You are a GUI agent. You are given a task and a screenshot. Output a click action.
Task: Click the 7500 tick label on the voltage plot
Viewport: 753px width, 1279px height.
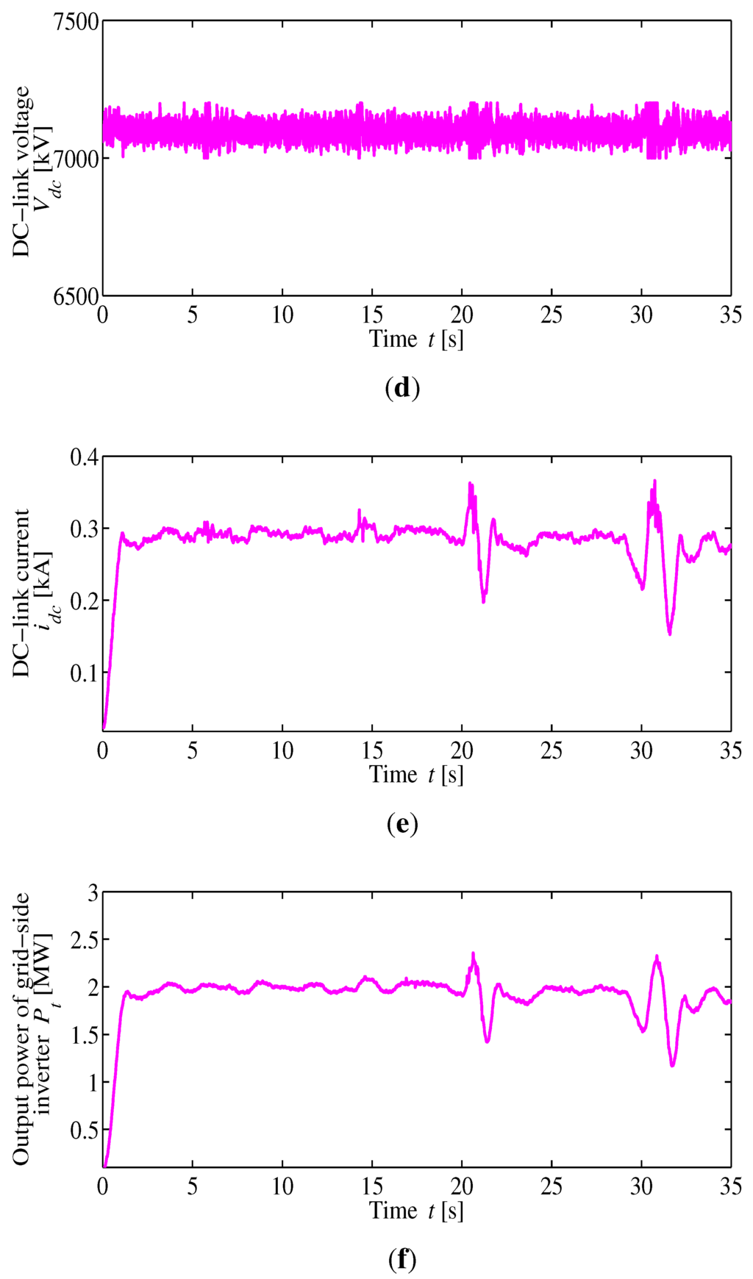(x=76, y=22)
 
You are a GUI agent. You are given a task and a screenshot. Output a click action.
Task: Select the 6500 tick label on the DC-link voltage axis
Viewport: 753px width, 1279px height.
(x=76, y=295)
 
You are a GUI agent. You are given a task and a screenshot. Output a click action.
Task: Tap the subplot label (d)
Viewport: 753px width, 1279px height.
(x=402, y=387)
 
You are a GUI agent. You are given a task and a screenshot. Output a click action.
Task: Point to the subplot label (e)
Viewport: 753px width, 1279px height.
(x=402, y=824)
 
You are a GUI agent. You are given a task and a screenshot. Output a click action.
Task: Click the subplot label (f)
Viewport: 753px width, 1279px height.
(x=402, y=1260)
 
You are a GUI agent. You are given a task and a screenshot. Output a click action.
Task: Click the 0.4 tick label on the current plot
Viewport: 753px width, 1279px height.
(x=84, y=457)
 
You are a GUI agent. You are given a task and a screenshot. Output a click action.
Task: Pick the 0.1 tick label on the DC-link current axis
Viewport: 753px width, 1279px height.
(x=84, y=673)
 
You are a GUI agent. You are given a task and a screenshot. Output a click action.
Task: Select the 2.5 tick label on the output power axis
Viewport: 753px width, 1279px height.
(x=84, y=939)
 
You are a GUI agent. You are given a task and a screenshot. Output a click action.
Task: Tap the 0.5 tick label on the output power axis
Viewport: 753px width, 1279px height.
(x=84, y=1130)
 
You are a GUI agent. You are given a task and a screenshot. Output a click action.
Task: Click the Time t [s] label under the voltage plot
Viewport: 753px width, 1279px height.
(x=416, y=339)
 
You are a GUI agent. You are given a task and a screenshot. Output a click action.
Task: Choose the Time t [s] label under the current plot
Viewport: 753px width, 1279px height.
(x=416, y=775)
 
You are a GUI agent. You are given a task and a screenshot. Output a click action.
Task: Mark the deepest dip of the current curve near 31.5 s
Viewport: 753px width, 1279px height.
(x=669, y=634)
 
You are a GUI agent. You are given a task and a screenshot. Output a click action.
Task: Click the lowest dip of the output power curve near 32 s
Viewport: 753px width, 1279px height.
(x=672, y=1065)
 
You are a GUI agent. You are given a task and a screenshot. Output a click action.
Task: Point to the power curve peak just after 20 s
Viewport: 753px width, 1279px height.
(x=473, y=954)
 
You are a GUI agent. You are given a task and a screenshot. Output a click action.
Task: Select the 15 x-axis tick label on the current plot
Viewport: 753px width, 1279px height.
(x=372, y=750)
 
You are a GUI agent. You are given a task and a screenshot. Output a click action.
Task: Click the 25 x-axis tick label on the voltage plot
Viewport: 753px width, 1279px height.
(x=552, y=315)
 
